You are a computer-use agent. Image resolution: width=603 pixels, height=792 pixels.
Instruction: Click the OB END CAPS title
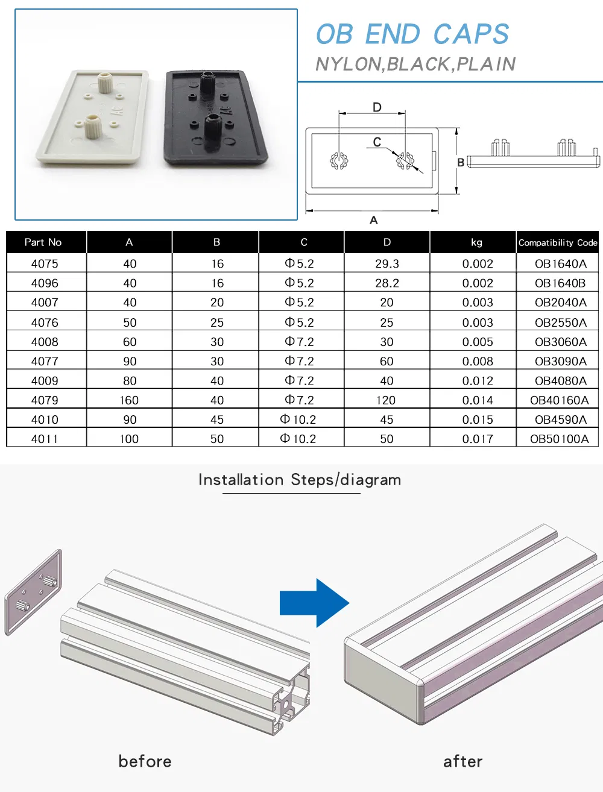(412, 34)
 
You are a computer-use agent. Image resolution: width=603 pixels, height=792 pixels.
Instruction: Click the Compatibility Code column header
(557, 242)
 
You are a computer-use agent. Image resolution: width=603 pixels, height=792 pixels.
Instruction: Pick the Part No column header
(43, 242)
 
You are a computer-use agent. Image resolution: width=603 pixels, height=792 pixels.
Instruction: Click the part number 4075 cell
(45, 263)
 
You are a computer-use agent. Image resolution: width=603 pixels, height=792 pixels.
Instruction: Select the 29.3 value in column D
(387, 263)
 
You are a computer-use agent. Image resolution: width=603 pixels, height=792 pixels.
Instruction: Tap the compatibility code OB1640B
(560, 283)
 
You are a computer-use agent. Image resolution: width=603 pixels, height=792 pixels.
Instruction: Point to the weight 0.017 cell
(477, 439)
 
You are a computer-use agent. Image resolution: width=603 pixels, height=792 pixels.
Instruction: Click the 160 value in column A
(129, 400)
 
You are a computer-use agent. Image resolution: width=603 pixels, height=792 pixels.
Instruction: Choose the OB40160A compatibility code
(559, 400)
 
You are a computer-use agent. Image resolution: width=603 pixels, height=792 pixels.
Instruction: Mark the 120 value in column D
(386, 400)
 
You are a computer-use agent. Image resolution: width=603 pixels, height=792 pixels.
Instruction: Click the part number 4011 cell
(45, 439)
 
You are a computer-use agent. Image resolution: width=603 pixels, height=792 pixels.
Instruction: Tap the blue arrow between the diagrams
(314, 603)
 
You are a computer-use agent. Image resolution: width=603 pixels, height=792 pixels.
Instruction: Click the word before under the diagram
(145, 761)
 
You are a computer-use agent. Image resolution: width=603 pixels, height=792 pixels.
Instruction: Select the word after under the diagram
(463, 761)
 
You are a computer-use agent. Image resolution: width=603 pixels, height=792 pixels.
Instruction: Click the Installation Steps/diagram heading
(300, 480)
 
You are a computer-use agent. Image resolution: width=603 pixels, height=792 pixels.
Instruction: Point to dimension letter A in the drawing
(373, 220)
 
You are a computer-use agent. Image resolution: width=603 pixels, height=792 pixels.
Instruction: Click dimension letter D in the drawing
(377, 107)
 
